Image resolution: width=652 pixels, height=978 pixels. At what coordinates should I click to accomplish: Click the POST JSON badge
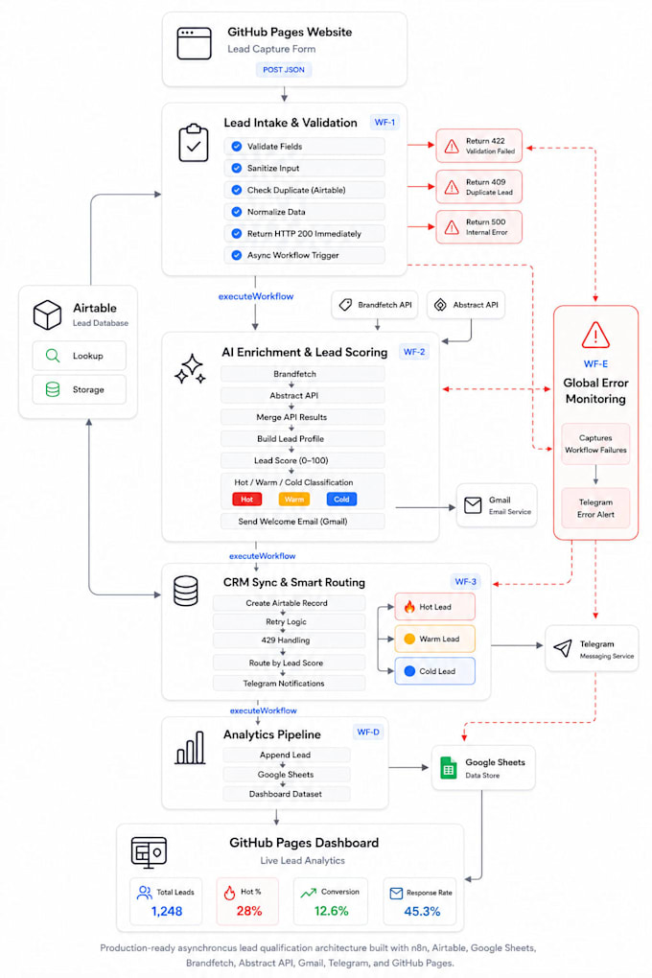[284, 70]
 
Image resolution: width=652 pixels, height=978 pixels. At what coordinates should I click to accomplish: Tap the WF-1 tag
[384, 123]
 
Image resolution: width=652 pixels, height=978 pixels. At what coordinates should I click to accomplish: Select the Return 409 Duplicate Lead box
[478, 187]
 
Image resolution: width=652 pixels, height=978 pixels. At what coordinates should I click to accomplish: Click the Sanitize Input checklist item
[304, 168]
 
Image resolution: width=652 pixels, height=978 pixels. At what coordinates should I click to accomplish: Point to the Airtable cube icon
[47, 315]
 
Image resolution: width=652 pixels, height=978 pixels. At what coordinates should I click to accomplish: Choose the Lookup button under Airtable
[80, 356]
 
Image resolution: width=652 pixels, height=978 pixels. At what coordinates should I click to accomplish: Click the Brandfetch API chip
[374, 305]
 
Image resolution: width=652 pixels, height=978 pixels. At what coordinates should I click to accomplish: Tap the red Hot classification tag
[247, 499]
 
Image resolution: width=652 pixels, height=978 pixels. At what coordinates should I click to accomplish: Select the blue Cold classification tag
[341, 499]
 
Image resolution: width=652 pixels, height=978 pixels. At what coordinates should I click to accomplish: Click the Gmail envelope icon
[473, 505]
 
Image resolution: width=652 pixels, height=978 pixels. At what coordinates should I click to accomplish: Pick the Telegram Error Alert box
[595, 508]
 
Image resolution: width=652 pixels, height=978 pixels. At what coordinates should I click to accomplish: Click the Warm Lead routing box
[435, 639]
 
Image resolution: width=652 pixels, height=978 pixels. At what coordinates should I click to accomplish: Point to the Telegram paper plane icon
[563, 648]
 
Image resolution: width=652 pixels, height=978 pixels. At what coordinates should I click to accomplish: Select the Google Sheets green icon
[449, 768]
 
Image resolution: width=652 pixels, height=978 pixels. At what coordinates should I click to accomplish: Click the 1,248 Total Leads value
[167, 911]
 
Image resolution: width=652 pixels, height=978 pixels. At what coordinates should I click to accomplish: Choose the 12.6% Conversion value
[332, 911]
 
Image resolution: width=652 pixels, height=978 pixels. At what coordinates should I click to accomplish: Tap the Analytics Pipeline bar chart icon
[190, 748]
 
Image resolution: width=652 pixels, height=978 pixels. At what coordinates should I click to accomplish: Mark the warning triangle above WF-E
[595, 335]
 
